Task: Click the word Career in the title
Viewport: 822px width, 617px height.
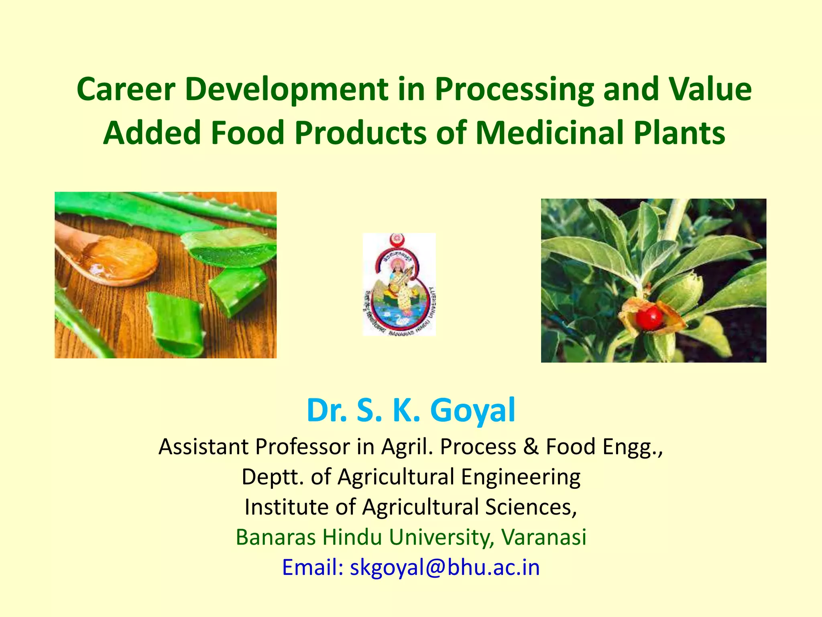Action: [x=126, y=89]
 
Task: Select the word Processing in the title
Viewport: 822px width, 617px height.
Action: [x=514, y=89]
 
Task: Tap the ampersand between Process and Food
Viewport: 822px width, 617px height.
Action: [x=531, y=447]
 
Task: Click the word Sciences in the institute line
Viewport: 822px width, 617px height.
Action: [x=531, y=507]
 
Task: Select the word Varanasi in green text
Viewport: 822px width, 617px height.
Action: [x=544, y=537]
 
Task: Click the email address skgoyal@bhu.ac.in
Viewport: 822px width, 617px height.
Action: [x=445, y=567]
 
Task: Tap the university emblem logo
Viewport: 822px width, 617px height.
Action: [x=399, y=284]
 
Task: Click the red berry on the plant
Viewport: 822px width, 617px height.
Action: [x=649, y=317]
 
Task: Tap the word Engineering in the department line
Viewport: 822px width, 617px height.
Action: [x=520, y=477]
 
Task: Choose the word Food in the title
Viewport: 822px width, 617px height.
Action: [x=248, y=133]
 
